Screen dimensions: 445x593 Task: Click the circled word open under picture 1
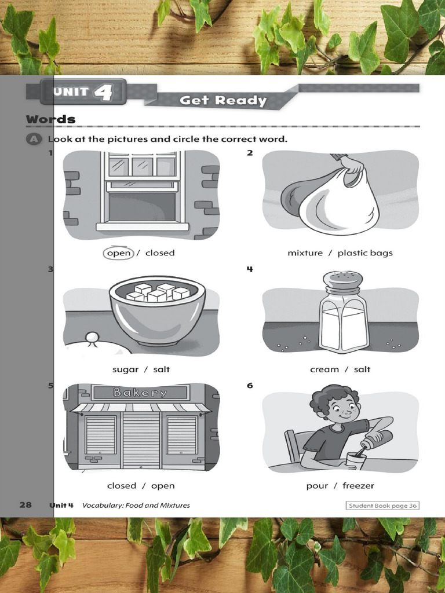118,253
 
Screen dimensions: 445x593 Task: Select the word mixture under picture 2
305,253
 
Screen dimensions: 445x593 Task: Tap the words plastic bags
365,253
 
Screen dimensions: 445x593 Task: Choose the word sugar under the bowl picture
125,369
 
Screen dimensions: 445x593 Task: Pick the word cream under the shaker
324,369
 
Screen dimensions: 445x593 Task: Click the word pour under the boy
317,486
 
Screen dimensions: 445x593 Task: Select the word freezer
358,486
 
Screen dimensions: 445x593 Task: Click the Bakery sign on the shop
140,393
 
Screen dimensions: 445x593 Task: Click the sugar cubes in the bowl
158,292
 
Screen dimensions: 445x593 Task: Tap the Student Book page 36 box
382,506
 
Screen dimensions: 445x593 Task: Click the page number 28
25,505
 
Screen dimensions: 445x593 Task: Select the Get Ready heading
223,100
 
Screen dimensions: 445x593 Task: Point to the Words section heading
51,119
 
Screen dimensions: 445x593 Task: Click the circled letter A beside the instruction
34,139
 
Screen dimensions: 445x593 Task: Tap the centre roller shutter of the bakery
141,440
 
